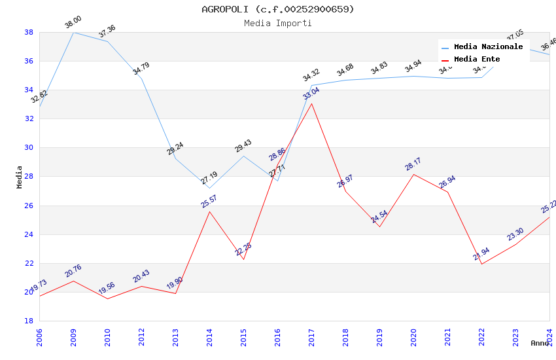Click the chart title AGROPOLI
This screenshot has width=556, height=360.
277,9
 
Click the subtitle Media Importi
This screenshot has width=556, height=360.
277,24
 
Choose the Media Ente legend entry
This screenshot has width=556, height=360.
477,59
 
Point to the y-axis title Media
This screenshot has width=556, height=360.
20,177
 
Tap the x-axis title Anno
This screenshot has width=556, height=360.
540,343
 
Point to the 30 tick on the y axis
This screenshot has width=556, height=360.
29,148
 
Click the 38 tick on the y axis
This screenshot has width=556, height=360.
29,32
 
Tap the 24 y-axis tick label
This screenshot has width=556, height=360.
29,234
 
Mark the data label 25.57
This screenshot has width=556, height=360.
209,202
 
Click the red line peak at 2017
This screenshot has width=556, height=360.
311,103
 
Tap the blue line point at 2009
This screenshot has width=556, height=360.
73,32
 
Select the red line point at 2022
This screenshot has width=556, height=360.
481,264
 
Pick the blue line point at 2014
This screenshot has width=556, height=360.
209,188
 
